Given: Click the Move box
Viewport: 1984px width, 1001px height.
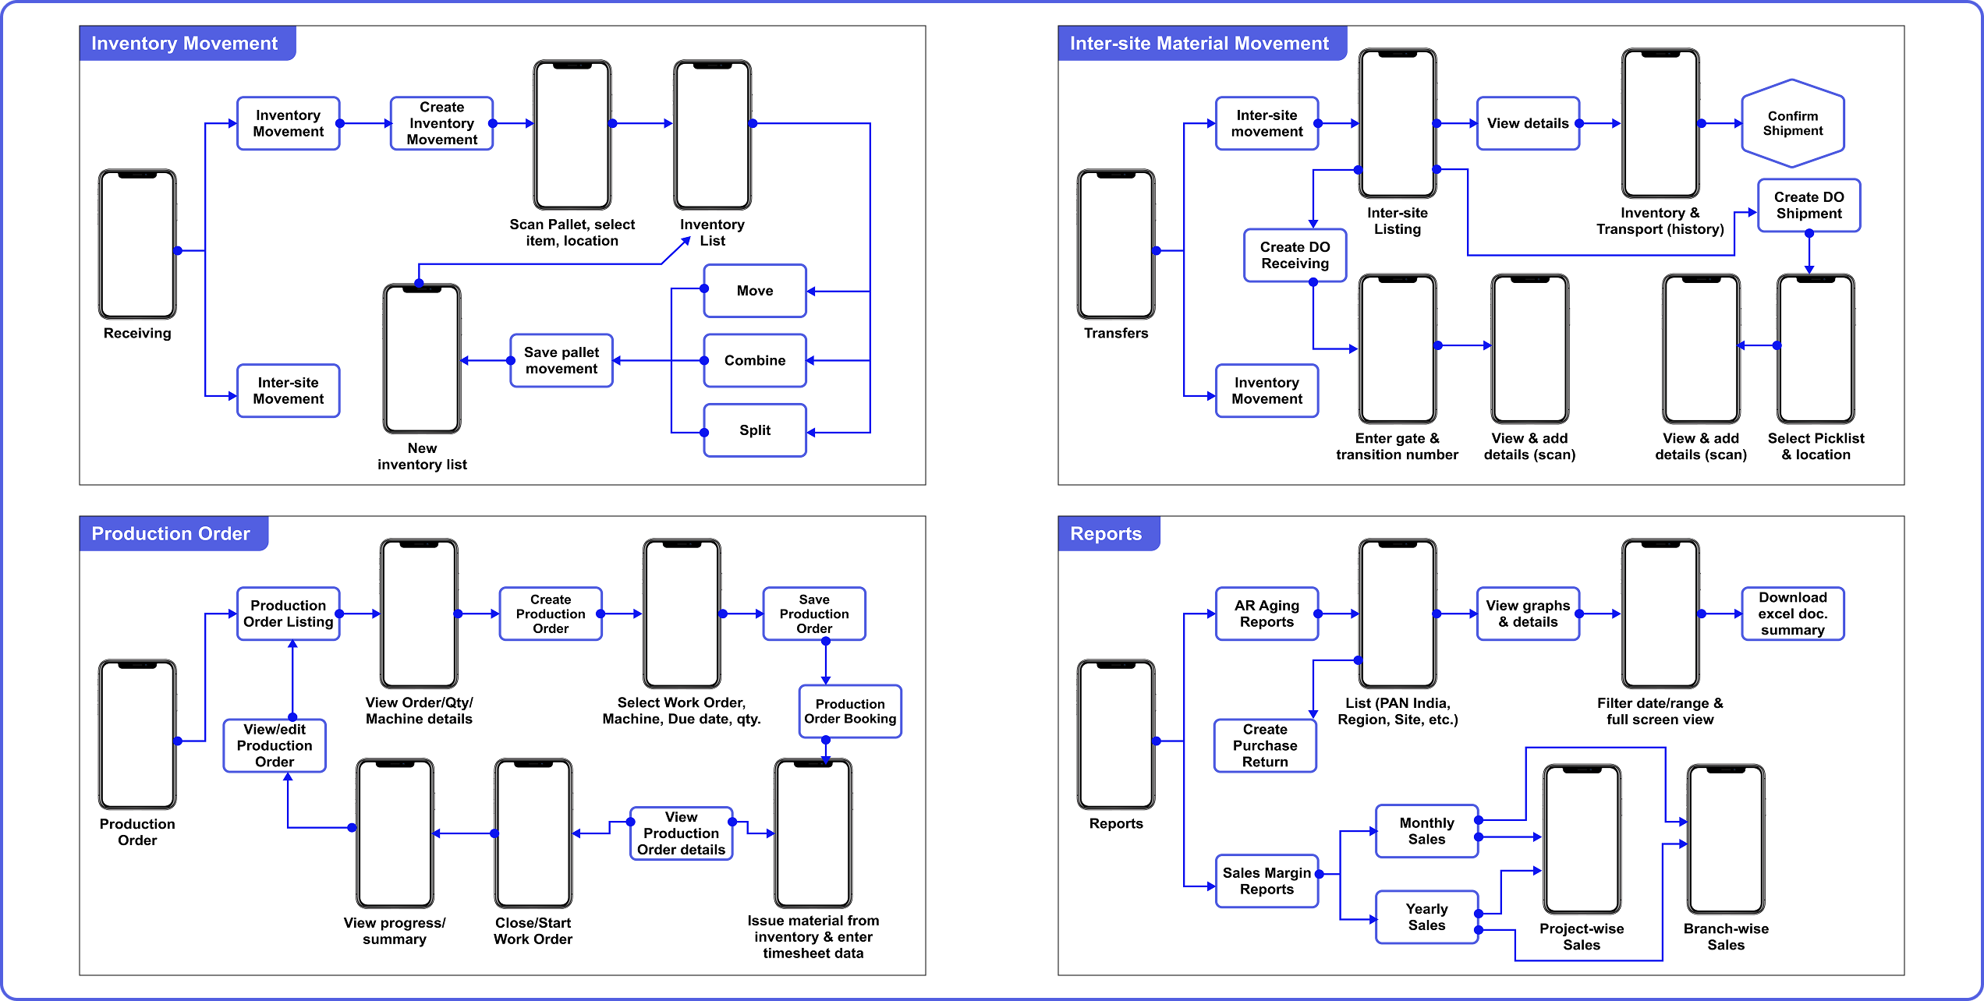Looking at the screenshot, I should [x=754, y=291].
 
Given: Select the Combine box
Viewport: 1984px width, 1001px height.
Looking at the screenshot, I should [x=754, y=360].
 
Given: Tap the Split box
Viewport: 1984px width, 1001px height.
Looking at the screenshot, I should [x=754, y=430].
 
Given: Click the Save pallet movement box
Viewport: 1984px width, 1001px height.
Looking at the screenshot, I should [x=561, y=360].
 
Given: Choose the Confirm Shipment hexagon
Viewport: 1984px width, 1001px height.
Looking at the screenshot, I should [x=1792, y=123].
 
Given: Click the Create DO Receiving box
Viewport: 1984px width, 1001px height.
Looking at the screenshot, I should [x=1295, y=255].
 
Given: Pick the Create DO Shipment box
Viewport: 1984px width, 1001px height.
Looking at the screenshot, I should [x=1809, y=205].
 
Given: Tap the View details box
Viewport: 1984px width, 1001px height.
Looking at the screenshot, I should [x=1527, y=123].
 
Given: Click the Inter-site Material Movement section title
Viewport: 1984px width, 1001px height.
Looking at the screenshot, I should [x=1199, y=44].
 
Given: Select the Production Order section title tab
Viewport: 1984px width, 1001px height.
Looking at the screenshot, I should [x=172, y=534].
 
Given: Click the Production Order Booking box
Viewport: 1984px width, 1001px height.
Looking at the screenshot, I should [x=849, y=711].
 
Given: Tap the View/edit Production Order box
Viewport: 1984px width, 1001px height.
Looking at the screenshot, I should [x=275, y=745].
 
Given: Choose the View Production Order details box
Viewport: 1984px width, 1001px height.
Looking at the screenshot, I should [x=681, y=833].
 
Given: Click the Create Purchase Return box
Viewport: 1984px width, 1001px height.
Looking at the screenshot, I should [x=1265, y=745].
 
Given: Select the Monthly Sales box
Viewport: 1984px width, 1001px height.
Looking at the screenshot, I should [x=1426, y=831].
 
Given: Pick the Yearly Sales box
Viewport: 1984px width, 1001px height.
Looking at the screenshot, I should [x=1426, y=917].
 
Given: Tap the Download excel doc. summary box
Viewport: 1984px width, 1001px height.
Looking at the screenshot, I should [x=1792, y=614].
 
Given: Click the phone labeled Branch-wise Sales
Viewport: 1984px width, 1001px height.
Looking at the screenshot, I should [x=1725, y=839].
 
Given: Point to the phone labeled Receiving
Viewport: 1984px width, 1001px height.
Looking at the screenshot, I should [x=137, y=244].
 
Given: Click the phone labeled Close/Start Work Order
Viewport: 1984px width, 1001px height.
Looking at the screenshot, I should [x=533, y=833].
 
